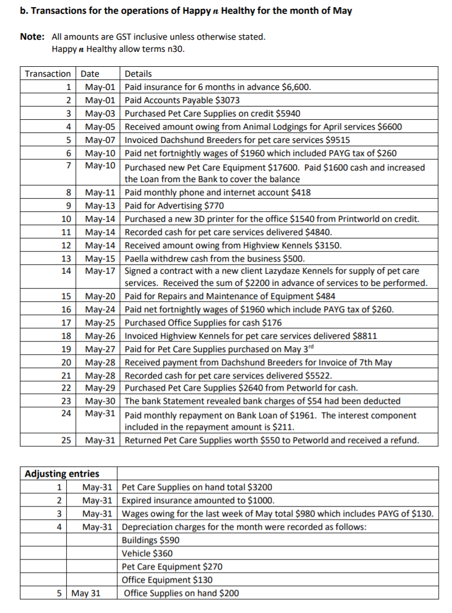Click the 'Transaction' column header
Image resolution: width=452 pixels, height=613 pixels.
[48, 74]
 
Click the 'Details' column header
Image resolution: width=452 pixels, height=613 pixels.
[138, 74]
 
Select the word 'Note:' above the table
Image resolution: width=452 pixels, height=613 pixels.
[32, 37]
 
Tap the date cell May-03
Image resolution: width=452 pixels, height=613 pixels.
[100, 114]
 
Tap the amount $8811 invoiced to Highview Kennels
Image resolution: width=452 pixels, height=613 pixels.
[365, 335]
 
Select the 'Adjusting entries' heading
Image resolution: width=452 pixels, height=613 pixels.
[62, 474]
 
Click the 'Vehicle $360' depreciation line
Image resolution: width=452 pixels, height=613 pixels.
[147, 553]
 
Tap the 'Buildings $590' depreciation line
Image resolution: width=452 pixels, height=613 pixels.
[150, 540]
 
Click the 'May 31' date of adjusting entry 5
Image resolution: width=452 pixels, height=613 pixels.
[87, 594]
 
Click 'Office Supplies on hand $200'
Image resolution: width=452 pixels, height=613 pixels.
[181, 594]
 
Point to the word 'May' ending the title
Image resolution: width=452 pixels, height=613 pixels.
[342, 11]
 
